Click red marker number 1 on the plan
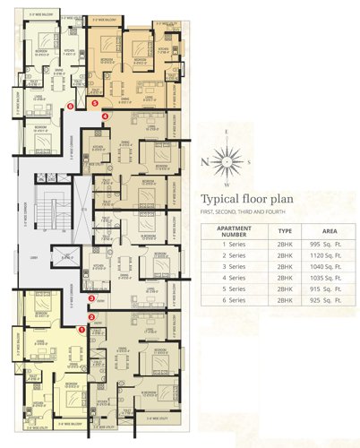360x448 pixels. click(81, 329)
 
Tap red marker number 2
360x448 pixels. click(91, 314)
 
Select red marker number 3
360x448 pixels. click(91, 298)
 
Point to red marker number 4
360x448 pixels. click(106, 116)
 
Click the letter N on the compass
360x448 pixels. click(205, 161)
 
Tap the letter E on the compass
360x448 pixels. click(228, 134)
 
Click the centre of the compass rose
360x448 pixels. click(229, 160)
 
